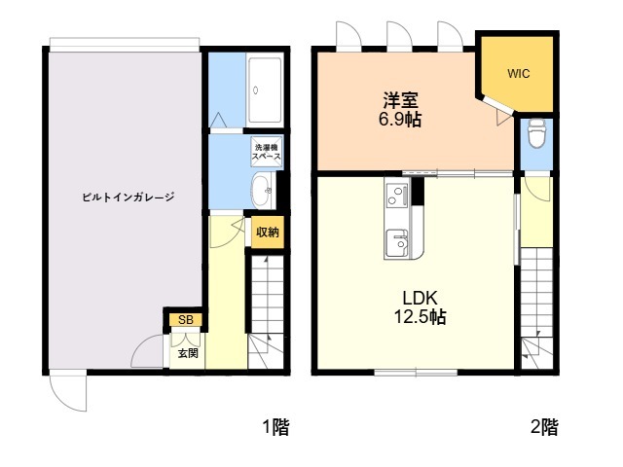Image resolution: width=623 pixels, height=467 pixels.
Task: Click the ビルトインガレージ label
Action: (x=128, y=197)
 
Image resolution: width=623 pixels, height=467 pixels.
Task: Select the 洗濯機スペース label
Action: (x=267, y=152)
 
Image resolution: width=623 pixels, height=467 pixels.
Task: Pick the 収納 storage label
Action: (x=267, y=232)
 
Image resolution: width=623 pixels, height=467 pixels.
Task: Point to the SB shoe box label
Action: (x=185, y=319)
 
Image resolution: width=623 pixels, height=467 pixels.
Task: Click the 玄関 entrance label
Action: (x=188, y=353)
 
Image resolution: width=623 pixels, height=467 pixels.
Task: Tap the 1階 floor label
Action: (x=275, y=426)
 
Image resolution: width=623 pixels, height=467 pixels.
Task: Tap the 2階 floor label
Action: (x=544, y=426)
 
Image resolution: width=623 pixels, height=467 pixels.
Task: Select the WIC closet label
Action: (x=519, y=73)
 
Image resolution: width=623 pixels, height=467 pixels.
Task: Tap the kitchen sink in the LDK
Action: (x=395, y=240)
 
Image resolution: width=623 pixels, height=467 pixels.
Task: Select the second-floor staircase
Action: (x=537, y=306)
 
